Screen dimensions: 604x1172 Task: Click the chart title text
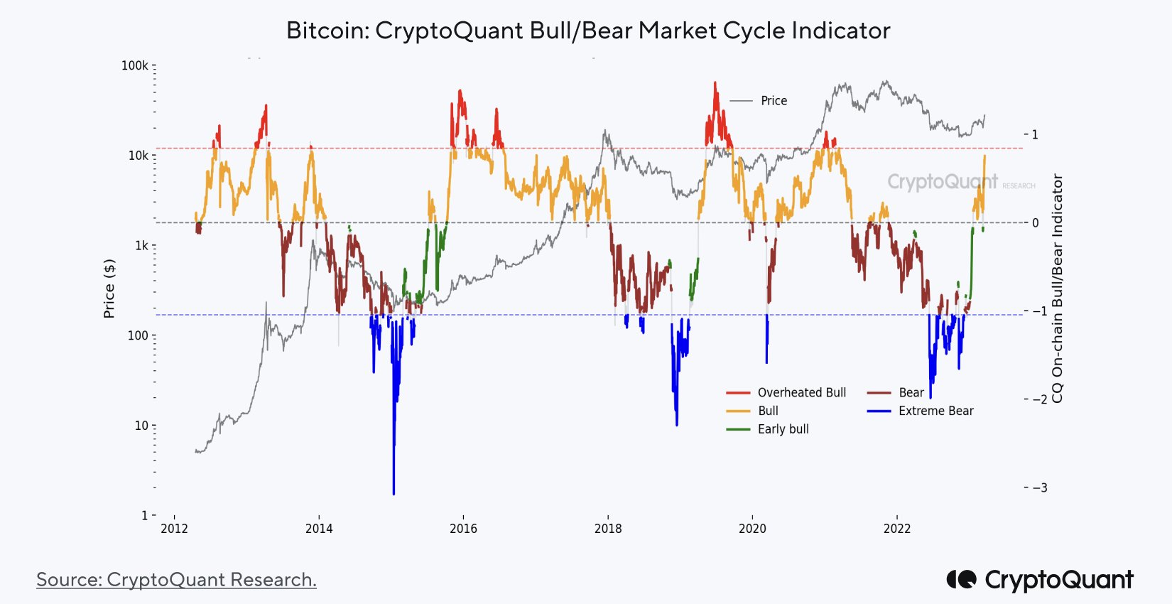(587, 31)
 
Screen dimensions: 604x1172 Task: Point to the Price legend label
(774, 101)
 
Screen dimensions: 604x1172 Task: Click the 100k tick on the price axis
(135, 65)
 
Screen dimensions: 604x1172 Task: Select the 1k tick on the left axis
(141, 246)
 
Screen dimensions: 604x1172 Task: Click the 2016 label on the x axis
(463, 529)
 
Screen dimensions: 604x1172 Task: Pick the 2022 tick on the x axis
(896, 529)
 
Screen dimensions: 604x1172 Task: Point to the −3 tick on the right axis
(1038, 488)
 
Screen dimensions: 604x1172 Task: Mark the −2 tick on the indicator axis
(1038, 399)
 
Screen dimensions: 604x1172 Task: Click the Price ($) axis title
(109, 288)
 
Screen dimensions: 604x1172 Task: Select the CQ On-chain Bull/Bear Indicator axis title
(1058, 288)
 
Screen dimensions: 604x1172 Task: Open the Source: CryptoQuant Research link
(176, 580)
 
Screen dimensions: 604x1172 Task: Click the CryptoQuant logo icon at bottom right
(961, 580)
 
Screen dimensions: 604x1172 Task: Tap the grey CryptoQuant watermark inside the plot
(942, 182)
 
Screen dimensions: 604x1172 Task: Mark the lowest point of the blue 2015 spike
(394, 494)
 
